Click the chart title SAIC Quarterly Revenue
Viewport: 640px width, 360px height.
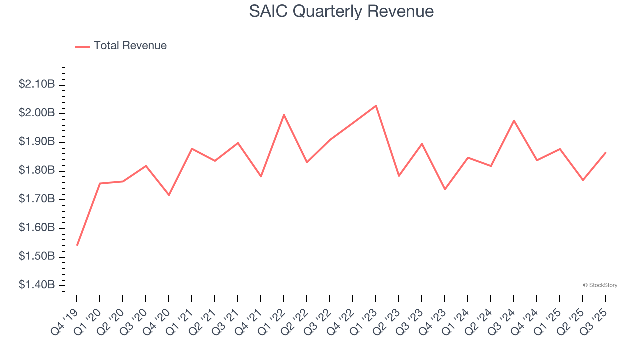(341, 11)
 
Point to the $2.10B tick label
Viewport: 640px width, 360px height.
(37, 84)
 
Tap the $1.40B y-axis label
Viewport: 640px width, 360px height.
(37, 285)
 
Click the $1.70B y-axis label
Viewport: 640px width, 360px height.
(37, 199)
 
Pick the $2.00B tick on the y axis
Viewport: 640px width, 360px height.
(37, 113)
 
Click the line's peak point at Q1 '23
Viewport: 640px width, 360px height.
(376, 105)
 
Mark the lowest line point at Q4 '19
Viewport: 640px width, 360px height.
(77, 245)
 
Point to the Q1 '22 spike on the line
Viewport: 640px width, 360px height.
(284, 115)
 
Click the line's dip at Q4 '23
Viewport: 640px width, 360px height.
(445, 189)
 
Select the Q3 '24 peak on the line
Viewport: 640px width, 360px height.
(514, 120)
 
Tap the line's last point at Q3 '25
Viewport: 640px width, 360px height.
(606, 152)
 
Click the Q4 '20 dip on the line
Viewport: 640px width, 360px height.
(169, 195)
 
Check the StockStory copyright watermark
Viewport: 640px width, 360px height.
(600, 285)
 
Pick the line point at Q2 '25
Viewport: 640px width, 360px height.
(583, 180)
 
